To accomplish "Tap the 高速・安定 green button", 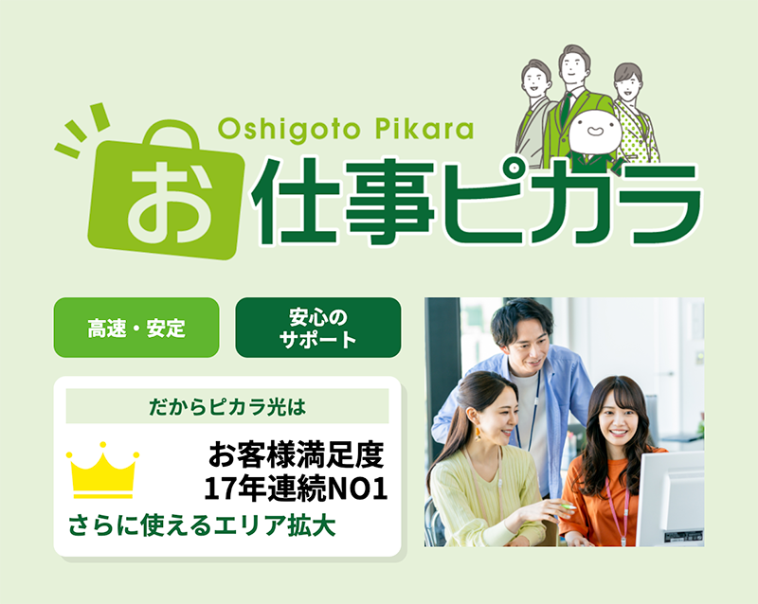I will click(136, 329).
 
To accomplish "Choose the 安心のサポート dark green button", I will click(318, 328).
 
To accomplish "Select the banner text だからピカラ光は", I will click(228, 406).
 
